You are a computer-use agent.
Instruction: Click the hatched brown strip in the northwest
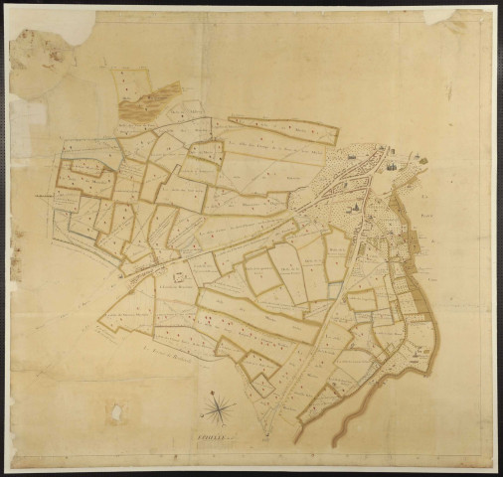(x=160, y=99)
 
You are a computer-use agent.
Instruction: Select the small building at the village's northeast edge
(x=418, y=159)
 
